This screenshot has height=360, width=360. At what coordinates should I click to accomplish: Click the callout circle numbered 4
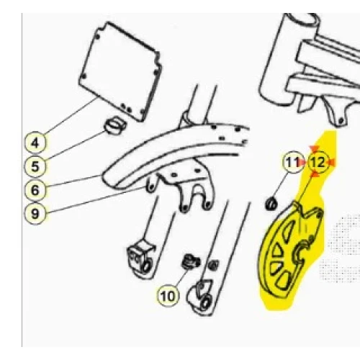click(35, 143)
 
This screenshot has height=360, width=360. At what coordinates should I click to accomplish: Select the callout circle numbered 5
click(35, 166)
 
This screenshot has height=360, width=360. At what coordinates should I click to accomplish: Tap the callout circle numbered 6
click(35, 190)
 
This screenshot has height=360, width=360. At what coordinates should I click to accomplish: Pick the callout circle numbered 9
click(35, 213)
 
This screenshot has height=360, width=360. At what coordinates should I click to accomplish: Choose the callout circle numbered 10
click(168, 296)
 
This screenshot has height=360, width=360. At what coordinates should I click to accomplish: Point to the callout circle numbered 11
click(293, 162)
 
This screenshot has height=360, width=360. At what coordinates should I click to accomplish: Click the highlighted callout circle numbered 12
click(318, 162)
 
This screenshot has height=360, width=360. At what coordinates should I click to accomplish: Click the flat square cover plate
click(120, 71)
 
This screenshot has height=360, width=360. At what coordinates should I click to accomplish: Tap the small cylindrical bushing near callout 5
click(114, 125)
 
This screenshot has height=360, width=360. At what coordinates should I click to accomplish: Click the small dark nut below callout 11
click(271, 204)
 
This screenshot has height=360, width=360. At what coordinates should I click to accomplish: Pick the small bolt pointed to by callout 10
click(191, 262)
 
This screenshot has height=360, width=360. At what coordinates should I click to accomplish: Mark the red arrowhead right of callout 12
click(331, 163)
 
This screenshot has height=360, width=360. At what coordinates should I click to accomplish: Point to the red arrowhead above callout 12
click(314, 149)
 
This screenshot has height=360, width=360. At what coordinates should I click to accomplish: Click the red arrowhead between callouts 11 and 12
click(302, 163)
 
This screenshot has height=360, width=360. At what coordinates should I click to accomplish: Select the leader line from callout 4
click(71, 116)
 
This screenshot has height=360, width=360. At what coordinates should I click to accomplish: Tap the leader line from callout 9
click(96, 199)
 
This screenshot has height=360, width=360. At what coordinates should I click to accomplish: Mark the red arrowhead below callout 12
click(315, 175)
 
